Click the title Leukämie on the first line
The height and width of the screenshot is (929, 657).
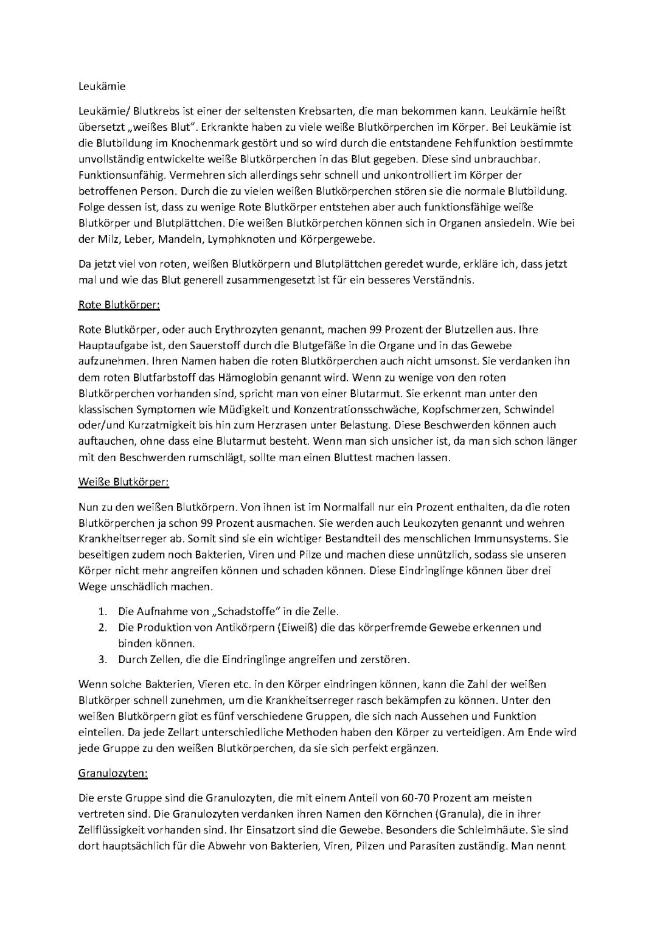coord(102,86)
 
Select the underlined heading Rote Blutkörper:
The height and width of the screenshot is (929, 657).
coord(119,304)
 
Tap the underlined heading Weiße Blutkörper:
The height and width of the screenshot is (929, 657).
coord(123,482)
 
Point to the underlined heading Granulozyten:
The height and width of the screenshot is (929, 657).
coord(113,773)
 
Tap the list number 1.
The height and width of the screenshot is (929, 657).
coord(103,611)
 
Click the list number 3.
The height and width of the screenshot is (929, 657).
coord(103,659)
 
